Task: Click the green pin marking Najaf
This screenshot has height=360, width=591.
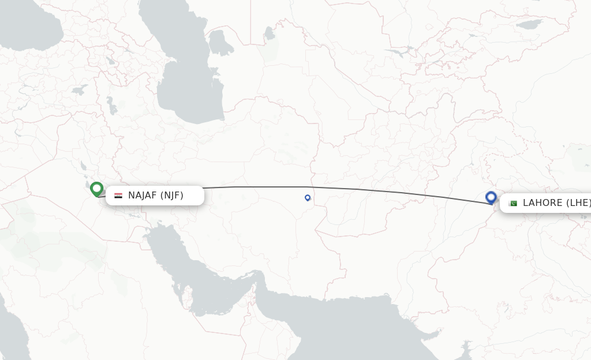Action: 96,188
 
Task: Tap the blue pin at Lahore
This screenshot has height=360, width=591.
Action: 491,197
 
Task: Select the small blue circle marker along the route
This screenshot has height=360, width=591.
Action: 308,197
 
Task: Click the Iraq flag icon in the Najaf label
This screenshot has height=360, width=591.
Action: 118,196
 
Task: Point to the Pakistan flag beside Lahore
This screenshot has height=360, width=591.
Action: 512,203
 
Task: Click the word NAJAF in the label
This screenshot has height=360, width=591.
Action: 143,196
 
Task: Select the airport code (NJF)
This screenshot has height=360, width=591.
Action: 172,196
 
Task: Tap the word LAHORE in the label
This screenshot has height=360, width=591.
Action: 543,203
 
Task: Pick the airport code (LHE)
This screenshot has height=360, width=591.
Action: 579,203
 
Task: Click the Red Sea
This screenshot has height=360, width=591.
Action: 12,323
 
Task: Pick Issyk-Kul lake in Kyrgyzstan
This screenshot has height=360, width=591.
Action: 529,24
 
